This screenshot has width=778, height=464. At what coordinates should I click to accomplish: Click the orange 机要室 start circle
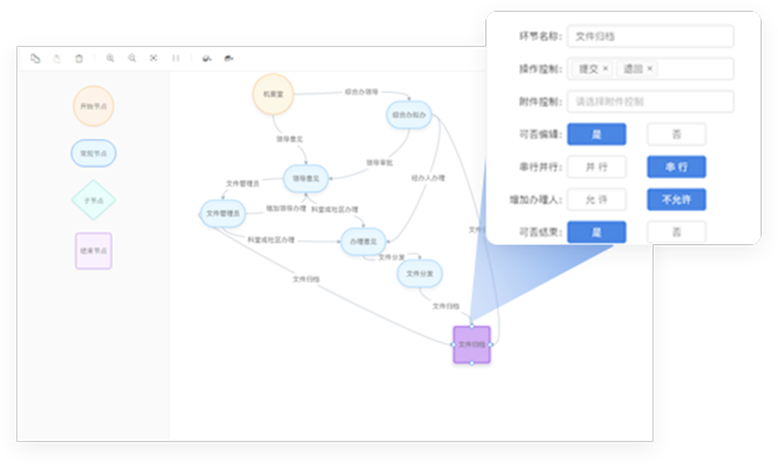click(272, 94)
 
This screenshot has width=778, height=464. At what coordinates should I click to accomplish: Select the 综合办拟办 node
click(409, 115)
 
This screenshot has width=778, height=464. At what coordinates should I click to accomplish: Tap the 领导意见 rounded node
click(305, 179)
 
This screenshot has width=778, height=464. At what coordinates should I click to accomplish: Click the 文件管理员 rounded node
click(223, 213)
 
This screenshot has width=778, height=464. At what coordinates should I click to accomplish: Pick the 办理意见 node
click(363, 242)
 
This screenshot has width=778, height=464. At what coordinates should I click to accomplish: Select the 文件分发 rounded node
click(419, 273)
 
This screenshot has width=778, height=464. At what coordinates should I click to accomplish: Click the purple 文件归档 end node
click(471, 344)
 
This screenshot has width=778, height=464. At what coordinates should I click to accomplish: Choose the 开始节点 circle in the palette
click(93, 106)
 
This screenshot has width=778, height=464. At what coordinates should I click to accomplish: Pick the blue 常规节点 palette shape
click(93, 153)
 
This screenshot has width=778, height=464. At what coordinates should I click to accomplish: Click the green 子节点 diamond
click(93, 200)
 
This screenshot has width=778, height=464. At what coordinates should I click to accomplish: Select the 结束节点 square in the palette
click(93, 251)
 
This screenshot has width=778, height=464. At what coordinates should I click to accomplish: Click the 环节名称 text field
click(650, 37)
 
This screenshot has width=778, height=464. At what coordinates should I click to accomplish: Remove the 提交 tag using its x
click(605, 69)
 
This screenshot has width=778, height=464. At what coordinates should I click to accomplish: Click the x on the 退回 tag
click(650, 69)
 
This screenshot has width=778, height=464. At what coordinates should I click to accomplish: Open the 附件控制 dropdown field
click(650, 101)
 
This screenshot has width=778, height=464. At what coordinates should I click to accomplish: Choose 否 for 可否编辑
click(676, 134)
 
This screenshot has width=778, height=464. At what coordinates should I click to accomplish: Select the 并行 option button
click(596, 167)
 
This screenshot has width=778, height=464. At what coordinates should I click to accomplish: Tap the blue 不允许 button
click(676, 200)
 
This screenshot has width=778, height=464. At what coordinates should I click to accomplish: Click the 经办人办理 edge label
click(428, 179)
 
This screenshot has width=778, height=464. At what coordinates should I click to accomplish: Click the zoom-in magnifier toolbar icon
click(110, 58)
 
